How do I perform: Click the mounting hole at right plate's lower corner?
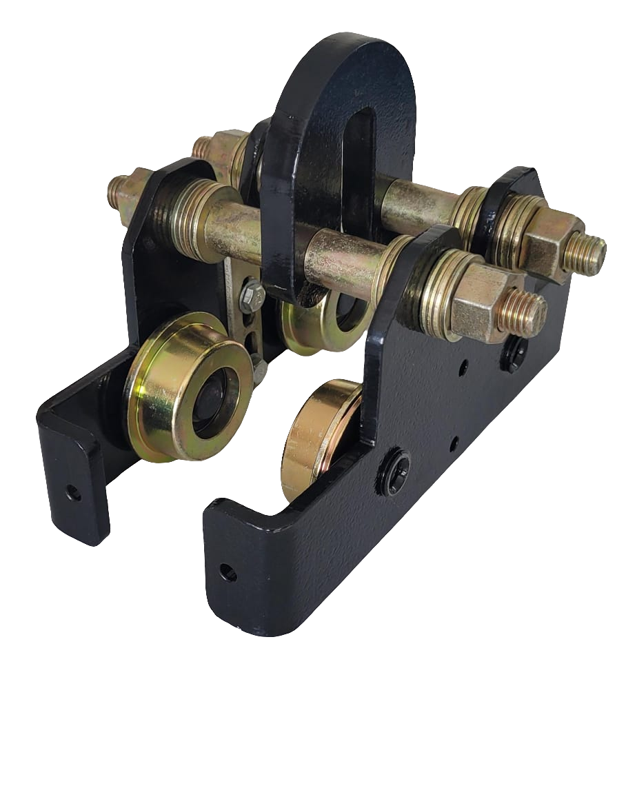(x=226, y=572)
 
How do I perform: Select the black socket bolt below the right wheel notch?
(x=398, y=473)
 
